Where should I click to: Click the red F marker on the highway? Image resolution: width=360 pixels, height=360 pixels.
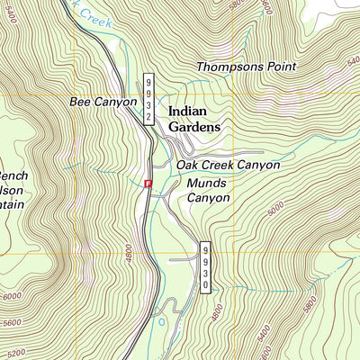[x=148, y=183]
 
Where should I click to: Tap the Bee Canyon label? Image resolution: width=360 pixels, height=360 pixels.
[x=103, y=103]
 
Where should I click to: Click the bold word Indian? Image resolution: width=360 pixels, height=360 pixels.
[x=187, y=112]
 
